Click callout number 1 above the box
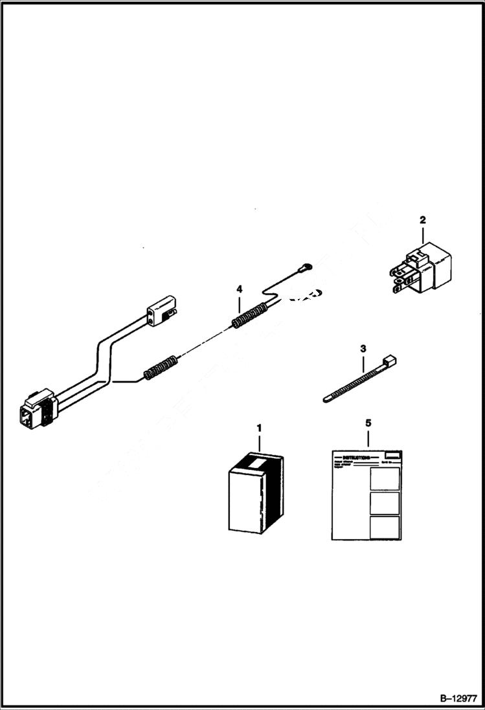[260, 428]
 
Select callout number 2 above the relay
[423, 220]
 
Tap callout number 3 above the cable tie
[363, 348]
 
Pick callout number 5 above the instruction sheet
[368, 423]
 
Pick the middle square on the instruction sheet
[384, 503]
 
